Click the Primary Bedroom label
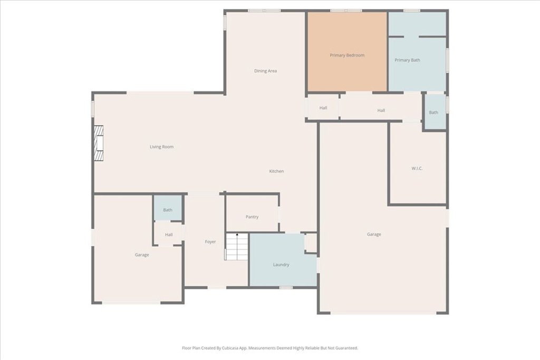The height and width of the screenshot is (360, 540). tap(347, 55)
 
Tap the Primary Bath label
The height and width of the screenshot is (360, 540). tap(408, 60)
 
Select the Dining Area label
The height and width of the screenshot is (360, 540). tap(265, 71)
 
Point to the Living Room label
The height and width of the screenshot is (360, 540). tap(161, 147)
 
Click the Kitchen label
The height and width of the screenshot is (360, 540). tap(276, 171)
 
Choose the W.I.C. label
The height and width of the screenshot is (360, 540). tap(417, 169)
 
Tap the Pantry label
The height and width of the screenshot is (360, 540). tap(252, 217)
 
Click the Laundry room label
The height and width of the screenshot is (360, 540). tap(281, 265)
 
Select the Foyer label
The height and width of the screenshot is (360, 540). tap(210, 242)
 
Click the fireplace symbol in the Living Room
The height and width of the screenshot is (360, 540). tap(99, 143)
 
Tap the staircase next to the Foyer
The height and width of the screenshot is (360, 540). tap(237, 247)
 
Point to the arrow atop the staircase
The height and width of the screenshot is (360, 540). tap(237, 235)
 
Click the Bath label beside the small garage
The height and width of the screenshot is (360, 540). tap(168, 210)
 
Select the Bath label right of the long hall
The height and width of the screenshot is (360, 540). tap(433, 112)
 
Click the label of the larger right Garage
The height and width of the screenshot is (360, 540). tap(374, 235)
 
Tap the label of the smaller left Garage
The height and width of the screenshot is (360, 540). tap(141, 255)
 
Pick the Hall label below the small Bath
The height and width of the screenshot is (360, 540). tap(169, 235)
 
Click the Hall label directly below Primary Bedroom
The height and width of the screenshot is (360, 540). tap(323, 108)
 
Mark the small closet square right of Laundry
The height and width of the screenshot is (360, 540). tap(311, 242)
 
